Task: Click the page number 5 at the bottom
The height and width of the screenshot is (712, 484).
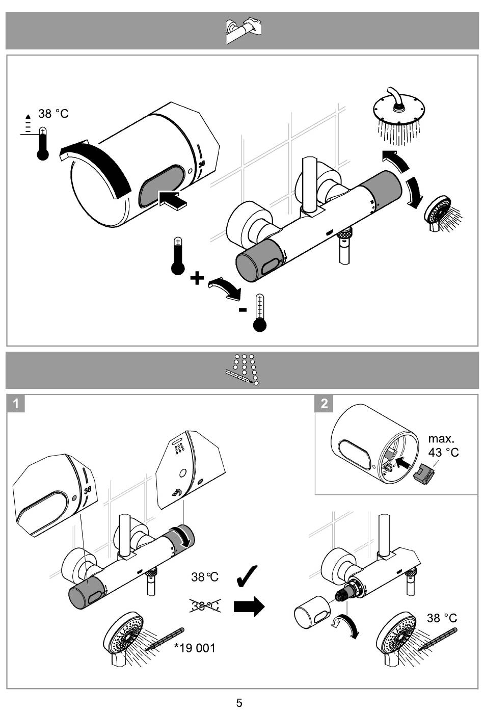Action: click(x=239, y=702)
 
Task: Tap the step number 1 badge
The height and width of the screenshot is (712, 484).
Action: click(x=16, y=404)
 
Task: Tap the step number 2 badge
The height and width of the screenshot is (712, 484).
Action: click(x=324, y=404)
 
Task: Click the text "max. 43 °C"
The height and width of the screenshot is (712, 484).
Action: click(x=443, y=445)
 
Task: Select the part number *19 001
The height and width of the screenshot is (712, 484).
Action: click(x=195, y=647)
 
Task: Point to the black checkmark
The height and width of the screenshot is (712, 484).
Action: click(x=247, y=576)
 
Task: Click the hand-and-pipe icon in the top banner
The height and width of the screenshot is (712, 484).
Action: click(x=244, y=31)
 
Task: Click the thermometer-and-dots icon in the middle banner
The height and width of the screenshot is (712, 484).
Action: click(x=242, y=370)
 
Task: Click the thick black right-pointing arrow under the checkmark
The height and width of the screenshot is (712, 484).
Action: click(x=249, y=606)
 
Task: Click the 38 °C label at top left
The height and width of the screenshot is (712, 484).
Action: click(x=53, y=114)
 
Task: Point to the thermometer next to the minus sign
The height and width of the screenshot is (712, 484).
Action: click(x=260, y=313)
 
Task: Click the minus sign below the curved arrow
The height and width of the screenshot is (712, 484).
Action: click(x=243, y=309)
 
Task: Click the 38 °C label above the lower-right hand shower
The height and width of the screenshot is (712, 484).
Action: click(x=442, y=618)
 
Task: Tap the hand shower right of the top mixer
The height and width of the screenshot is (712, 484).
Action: click(x=442, y=213)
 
